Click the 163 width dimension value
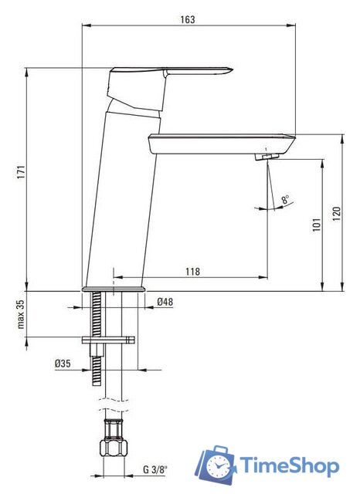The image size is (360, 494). click(188, 19)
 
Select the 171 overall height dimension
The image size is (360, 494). click(21, 172)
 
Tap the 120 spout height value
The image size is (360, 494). click(337, 214)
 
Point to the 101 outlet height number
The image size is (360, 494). click(317, 225)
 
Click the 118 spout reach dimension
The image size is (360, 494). click(192, 271)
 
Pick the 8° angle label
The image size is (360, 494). click(286, 199)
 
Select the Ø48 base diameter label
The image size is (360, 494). click(165, 302)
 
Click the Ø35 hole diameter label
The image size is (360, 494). click(63, 364)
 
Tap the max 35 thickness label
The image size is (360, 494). click(21, 314)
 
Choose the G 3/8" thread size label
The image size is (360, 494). click(155, 470)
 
